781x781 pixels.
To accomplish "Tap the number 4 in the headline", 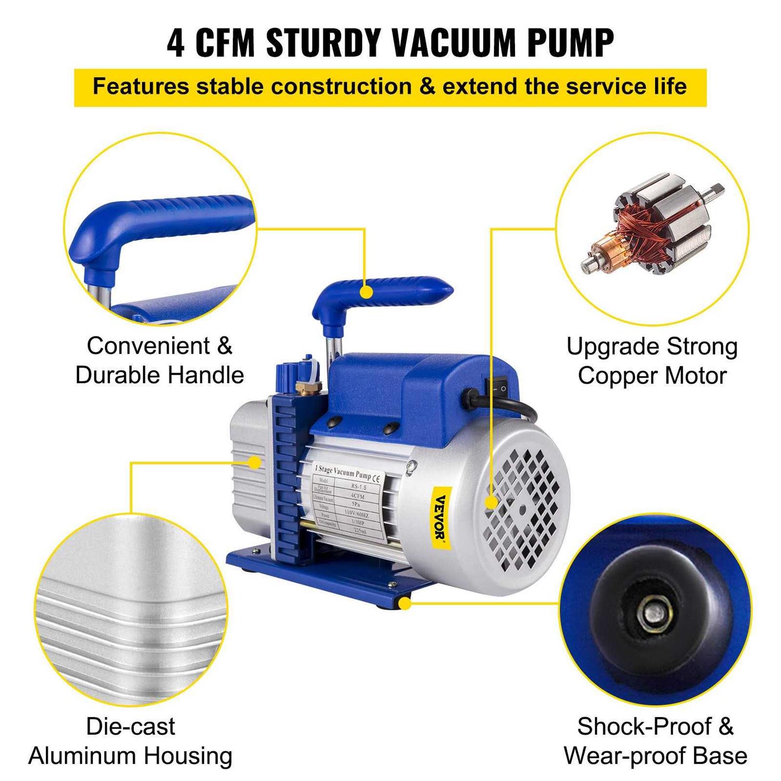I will pos(176,43).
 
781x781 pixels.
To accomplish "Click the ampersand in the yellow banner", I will pos(427,86).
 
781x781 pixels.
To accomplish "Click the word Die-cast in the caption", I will pos(131,727).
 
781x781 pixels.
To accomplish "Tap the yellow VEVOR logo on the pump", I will pos(442,515).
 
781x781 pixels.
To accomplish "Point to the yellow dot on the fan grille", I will pos(491,502).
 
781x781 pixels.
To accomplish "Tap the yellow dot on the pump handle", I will pos(367,292).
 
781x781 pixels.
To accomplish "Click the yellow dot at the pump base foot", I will pos(405,603).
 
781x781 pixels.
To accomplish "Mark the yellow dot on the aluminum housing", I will pos(255,462).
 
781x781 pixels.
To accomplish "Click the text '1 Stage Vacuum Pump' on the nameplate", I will pos(342,472).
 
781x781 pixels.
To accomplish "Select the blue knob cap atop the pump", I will pos(285,373).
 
